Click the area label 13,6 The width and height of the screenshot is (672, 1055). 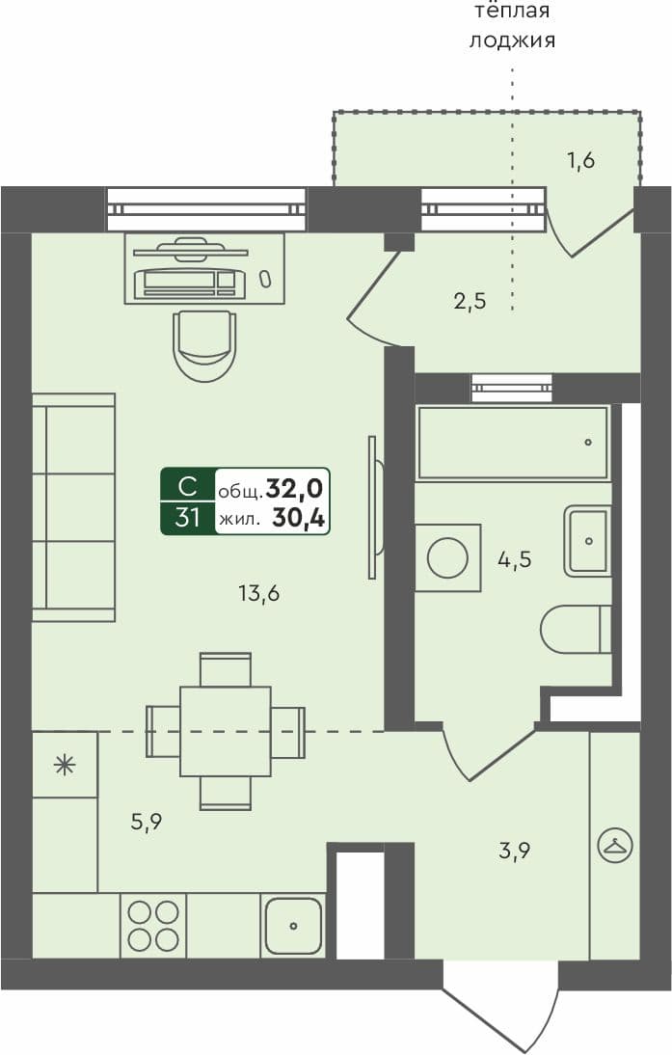pyautogui.click(x=258, y=594)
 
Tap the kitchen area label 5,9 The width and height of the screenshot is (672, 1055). pyautogui.click(x=146, y=822)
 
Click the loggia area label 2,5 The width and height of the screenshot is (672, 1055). pyautogui.click(x=470, y=301)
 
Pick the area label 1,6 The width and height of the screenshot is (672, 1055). pyautogui.click(x=579, y=160)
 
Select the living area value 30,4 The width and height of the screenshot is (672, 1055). pyautogui.click(x=298, y=519)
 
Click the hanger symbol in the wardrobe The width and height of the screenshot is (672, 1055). pyautogui.click(x=614, y=846)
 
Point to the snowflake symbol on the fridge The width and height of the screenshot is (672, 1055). pyautogui.click(x=65, y=766)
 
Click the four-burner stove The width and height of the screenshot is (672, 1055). pyautogui.click(x=153, y=926)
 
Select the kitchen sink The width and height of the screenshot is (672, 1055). pyautogui.click(x=293, y=926)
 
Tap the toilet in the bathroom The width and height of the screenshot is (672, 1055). pyautogui.click(x=575, y=630)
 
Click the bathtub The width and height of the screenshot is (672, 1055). pyautogui.click(x=512, y=443)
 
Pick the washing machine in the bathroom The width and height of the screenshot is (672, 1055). pyautogui.click(x=447, y=557)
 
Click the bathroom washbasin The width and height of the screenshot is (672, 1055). pyautogui.click(x=587, y=541)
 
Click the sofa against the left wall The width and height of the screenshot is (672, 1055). pyautogui.click(x=73, y=507)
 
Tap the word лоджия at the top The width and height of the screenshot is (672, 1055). pyautogui.click(x=512, y=41)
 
